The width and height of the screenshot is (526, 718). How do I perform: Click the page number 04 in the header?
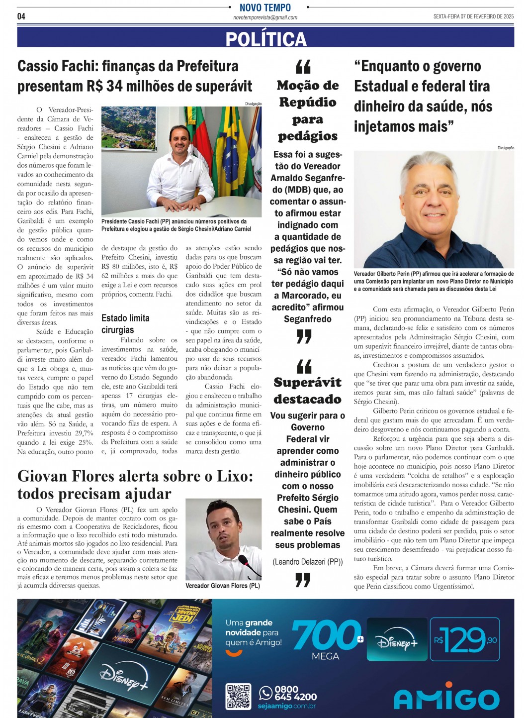(x=21, y=16)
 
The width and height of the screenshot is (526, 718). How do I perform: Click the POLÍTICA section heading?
(x=265, y=38)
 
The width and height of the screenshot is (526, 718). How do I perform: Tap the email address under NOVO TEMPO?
(x=265, y=17)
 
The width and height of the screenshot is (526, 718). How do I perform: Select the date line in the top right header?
(x=473, y=16)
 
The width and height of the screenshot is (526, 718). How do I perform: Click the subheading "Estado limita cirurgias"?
(x=125, y=323)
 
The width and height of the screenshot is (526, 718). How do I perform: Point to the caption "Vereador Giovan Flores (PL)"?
(x=222, y=586)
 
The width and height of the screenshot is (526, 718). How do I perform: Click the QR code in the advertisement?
(x=238, y=696)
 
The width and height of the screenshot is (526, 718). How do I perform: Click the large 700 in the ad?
(x=326, y=635)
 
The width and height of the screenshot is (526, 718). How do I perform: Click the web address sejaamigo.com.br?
(x=286, y=706)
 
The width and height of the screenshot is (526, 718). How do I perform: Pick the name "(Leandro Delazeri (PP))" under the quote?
(x=308, y=562)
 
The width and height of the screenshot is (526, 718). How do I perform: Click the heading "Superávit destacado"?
(x=308, y=391)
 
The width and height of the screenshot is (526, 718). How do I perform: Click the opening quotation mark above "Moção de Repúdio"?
(x=303, y=66)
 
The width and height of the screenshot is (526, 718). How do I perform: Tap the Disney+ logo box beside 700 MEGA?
(x=397, y=639)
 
